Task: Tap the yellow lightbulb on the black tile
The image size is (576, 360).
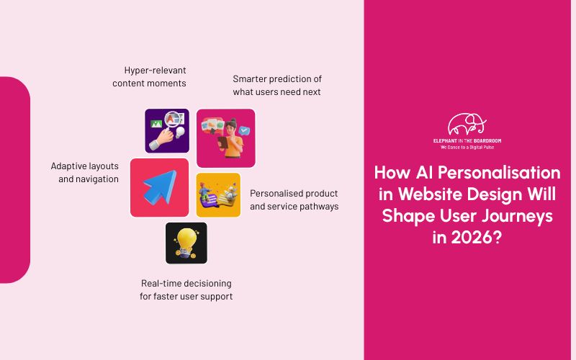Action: click(186, 241)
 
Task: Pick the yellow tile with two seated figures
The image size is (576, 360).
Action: click(218, 194)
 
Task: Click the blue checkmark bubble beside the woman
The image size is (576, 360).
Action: click(246, 131)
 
